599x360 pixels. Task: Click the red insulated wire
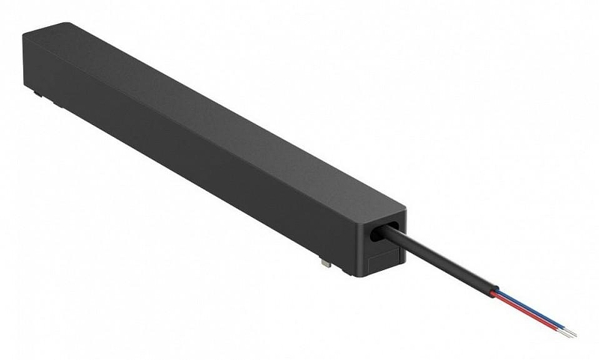pos(524,309)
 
